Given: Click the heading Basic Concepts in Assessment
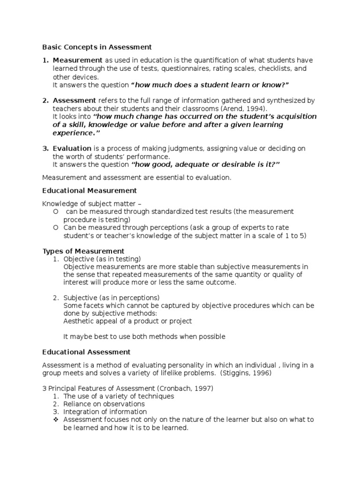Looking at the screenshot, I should (97, 47).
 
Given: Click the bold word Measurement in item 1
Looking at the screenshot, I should (77, 60).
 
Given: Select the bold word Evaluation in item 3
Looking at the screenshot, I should (72, 149).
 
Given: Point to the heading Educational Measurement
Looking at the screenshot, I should (90, 190).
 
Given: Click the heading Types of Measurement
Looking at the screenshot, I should (83, 251).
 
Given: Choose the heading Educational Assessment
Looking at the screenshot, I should (86, 352).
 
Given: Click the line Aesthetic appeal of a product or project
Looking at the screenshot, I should (127, 321).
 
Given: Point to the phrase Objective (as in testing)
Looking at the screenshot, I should (102, 259).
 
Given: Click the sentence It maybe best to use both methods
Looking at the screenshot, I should (144, 337).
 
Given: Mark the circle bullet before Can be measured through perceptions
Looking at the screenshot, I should (55, 227).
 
